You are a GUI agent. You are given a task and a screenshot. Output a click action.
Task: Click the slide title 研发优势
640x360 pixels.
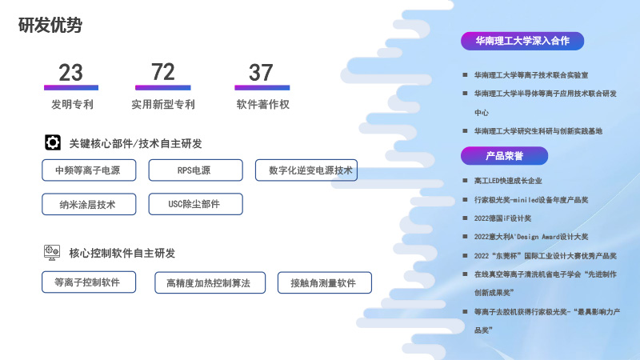pyautogui.click(x=50, y=26)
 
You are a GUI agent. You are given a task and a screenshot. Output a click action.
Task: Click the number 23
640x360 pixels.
pyautogui.click(x=70, y=73)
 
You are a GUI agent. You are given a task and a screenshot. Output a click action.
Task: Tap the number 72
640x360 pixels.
pyautogui.click(x=163, y=72)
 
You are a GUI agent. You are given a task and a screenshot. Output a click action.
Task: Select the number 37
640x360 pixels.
pyautogui.click(x=261, y=73)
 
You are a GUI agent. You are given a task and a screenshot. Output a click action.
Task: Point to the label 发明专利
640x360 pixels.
pyautogui.click(x=72, y=104)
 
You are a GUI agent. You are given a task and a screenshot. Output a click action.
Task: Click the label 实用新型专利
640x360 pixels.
pyautogui.click(x=163, y=104)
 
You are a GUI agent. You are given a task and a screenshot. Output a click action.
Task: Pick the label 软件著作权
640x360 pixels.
pyautogui.click(x=262, y=104)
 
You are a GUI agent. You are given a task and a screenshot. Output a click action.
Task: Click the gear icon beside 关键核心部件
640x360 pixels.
pyautogui.click(x=53, y=143)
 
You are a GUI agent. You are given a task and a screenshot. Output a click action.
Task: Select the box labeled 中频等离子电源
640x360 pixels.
pyautogui.click(x=87, y=170)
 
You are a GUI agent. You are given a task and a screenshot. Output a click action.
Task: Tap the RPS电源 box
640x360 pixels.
pyautogui.click(x=195, y=170)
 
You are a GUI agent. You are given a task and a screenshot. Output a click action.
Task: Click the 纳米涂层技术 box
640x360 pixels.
pyautogui.click(x=87, y=204)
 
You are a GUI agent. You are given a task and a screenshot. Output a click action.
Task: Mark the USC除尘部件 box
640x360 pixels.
pyautogui.click(x=195, y=204)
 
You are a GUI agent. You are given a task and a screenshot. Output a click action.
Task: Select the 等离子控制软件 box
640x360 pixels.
pyautogui.click(x=87, y=282)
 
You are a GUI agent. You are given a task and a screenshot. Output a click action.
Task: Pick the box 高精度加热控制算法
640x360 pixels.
pyautogui.click(x=208, y=283)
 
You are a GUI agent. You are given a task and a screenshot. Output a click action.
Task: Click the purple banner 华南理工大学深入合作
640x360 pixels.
pyautogui.click(x=522, y=41)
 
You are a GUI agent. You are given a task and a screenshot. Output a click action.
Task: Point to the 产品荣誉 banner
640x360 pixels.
pyautogui.click(x=504, y=155)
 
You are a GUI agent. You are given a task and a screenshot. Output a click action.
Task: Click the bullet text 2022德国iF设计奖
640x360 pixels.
pyautogui.click(x=502, y=218)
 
